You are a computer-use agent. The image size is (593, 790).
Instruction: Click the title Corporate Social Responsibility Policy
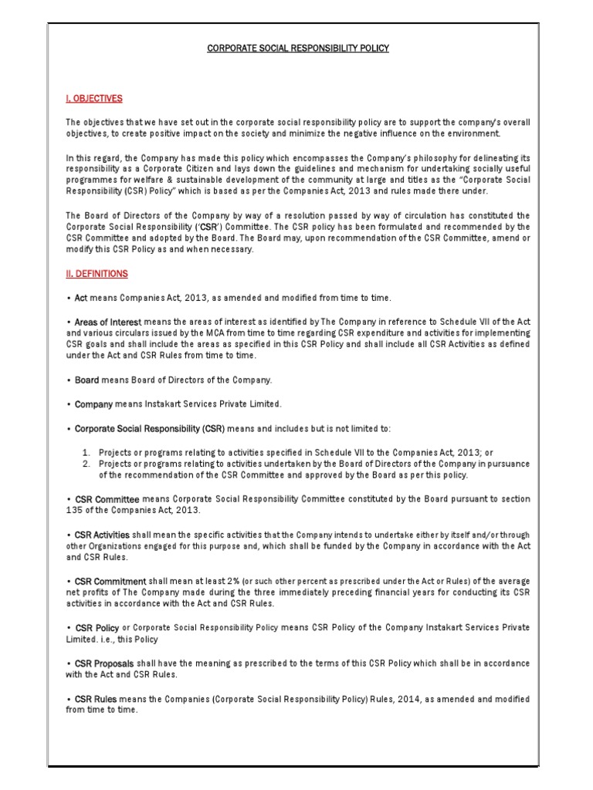297,48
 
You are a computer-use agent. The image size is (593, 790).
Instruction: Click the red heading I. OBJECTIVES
93,99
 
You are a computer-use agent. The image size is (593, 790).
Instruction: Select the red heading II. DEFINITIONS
97,274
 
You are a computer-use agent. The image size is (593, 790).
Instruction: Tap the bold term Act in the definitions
81,298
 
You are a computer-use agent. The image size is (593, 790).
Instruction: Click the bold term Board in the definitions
87,380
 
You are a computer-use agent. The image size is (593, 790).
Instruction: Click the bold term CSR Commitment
110,581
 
